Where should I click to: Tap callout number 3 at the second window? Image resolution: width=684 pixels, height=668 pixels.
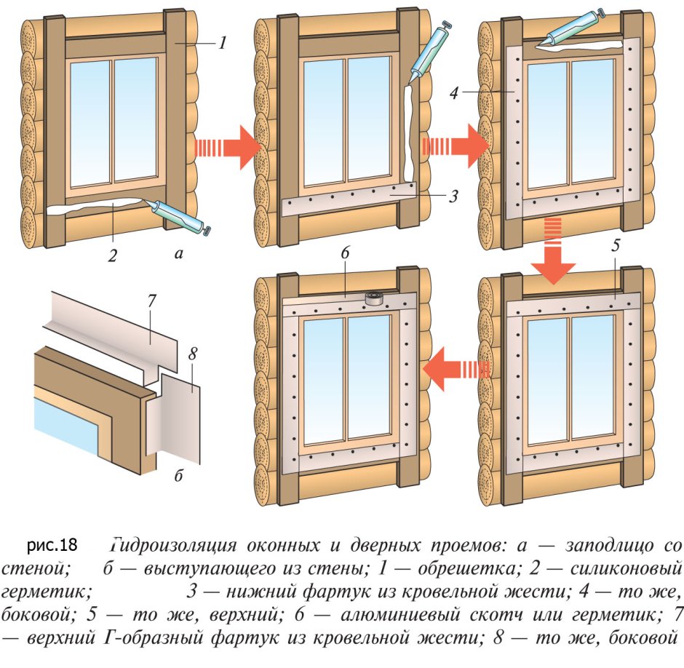453,196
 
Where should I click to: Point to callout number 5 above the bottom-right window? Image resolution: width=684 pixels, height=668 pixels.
615,246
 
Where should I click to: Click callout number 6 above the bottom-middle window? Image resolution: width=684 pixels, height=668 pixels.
345,255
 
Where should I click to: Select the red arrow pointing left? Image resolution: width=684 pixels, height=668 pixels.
456,368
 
